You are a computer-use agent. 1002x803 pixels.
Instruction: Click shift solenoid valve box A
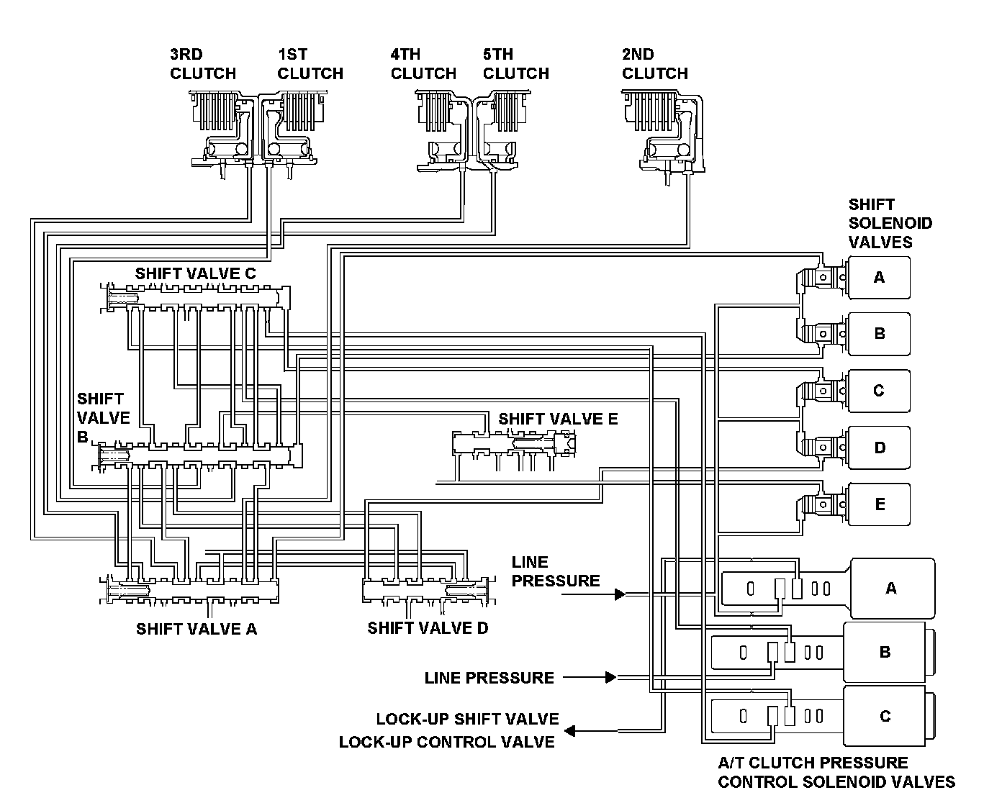click(879, 277)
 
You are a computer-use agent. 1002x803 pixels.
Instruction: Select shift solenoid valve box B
click(879, 334)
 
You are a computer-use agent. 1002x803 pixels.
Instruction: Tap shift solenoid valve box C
click(879, 391)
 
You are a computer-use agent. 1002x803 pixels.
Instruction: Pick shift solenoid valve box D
click(879, 448)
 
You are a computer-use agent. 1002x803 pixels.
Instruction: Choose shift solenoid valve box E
click(879, 504)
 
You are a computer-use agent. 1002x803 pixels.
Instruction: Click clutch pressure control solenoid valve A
click(891, 589)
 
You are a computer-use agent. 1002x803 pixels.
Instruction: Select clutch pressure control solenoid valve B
click(885, 653)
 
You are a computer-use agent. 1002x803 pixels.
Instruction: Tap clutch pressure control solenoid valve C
click(885, 717)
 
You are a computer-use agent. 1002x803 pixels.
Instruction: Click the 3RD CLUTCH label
click(202, 64)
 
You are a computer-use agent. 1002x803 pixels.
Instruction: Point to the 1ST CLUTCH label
click(310, 64)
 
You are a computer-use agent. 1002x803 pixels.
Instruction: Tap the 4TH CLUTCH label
click(423, 64)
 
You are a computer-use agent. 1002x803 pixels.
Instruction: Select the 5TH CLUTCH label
click(515, 64)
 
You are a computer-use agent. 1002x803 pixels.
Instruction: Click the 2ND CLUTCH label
click(654, 64)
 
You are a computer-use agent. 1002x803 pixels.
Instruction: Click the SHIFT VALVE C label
click(195, 274)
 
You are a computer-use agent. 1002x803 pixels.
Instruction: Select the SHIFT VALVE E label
click(558, 419)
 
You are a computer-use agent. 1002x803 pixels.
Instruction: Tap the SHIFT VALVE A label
click(197, 629)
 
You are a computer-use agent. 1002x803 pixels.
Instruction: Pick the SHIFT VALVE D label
click(428, 628)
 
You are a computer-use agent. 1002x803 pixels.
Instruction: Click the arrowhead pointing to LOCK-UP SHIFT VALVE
click(569, 731)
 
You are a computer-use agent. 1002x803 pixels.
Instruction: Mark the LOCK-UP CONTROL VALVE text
click(447, 742)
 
